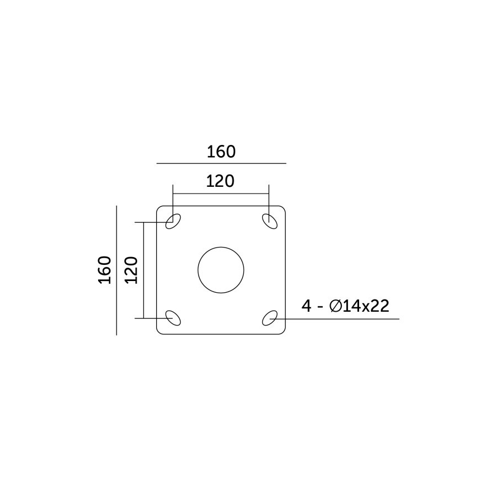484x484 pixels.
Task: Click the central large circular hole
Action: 221,270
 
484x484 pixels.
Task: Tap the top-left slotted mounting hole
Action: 173,221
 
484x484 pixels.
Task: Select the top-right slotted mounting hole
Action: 269,221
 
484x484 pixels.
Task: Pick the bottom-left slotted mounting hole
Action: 173,318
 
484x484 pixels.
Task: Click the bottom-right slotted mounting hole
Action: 270,318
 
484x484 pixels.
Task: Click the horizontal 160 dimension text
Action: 221,152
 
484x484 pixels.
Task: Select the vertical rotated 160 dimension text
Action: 105,270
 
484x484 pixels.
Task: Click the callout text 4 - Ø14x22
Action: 345,306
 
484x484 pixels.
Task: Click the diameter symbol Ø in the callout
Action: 336,306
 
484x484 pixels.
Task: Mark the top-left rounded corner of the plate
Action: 159,208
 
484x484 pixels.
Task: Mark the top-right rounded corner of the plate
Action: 284,208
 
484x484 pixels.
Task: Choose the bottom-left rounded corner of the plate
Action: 159,332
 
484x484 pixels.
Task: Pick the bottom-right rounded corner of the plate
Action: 284,332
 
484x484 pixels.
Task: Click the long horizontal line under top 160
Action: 221,163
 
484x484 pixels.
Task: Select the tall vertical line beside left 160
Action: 116,270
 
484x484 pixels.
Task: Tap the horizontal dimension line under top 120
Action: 221,194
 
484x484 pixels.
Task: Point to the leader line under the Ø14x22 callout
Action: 346,319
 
